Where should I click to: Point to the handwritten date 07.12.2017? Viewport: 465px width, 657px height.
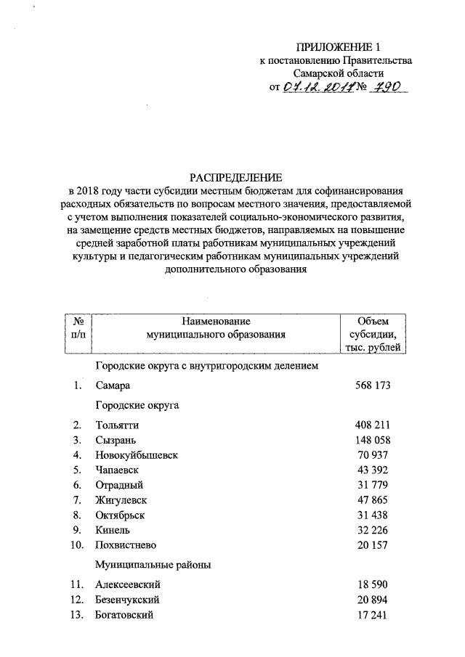click(318, 87)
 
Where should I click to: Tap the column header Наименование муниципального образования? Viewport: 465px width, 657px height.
click(214, 327)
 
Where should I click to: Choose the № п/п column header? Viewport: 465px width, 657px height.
click(77, 327)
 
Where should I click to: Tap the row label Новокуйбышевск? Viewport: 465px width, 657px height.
click(136, 454)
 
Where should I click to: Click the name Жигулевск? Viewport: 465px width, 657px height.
click(121, 500)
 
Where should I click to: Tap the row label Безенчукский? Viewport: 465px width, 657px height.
click(127, 600)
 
